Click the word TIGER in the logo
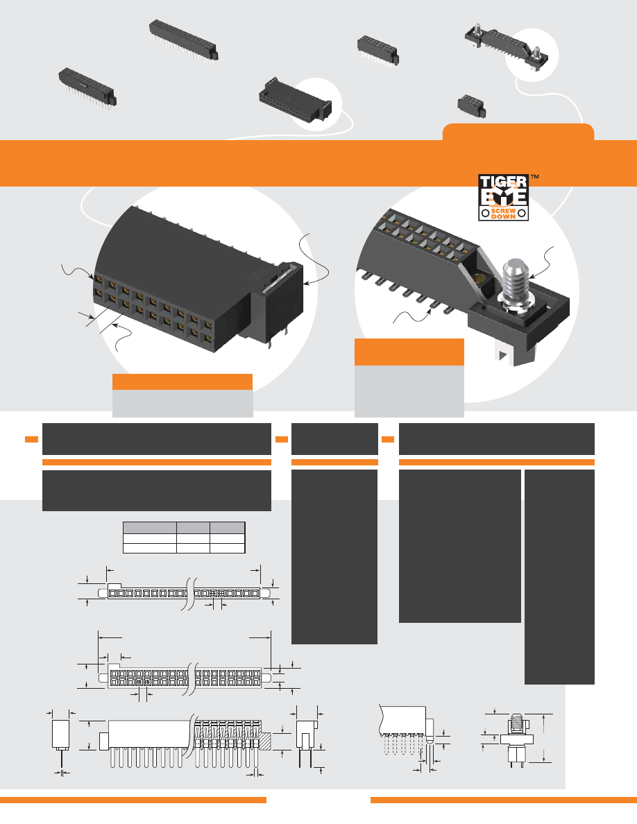503,182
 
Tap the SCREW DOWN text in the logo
504,214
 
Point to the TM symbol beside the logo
534,177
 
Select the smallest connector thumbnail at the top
471,106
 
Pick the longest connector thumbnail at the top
183,40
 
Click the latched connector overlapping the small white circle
296,102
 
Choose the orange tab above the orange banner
518,132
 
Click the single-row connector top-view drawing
184,593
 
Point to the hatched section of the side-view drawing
265,741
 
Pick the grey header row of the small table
184,528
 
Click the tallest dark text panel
559,576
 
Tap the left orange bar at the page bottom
133,800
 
